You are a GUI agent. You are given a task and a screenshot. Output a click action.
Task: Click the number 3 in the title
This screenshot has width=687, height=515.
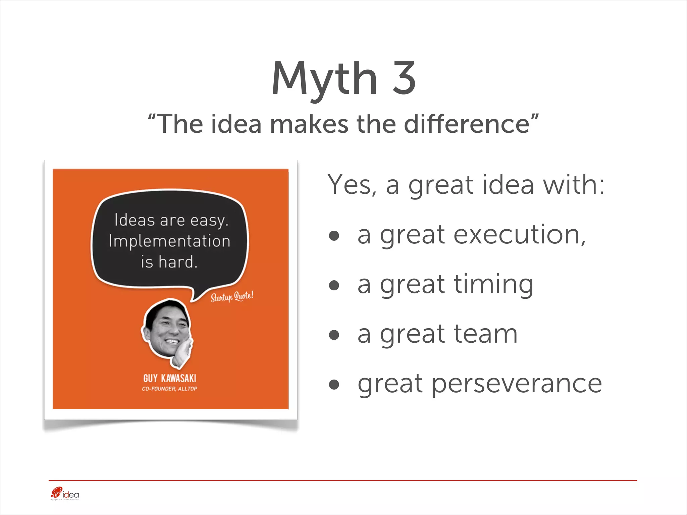pos(404,78)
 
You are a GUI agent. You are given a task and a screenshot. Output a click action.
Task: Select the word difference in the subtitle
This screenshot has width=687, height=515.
pos(467,124)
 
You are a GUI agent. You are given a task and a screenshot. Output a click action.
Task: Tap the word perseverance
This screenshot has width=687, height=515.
pos(517,385)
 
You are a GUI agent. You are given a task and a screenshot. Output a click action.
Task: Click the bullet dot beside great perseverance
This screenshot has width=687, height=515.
pos(334,385)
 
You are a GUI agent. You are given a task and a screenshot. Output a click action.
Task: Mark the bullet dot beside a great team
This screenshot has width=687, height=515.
pos(334,335)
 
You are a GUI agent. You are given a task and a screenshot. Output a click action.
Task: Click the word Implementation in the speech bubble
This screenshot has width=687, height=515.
pos(169,241)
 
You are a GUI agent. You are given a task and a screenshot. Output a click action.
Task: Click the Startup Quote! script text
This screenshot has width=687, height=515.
pos(232,297)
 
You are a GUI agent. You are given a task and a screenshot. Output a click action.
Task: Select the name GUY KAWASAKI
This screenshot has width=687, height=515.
pos(170,379)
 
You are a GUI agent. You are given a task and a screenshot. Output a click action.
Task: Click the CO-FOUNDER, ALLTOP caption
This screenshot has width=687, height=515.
pos(170,389)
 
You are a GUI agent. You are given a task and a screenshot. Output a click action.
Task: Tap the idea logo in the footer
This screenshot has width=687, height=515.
pos(65,494)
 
